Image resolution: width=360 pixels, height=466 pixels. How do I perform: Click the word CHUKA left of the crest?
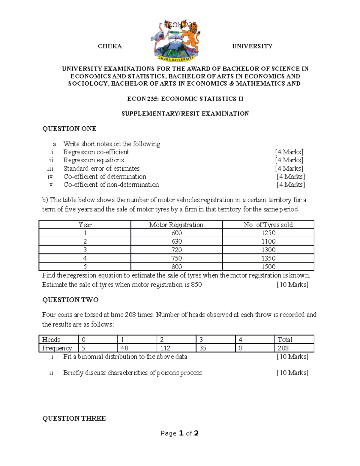tap(110, 46)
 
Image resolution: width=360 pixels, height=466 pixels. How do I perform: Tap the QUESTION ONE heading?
tap(69, 129)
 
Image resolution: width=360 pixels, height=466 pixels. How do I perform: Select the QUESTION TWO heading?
tap(70, 300)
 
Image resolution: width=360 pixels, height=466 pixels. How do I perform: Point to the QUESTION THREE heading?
tap(74, 418)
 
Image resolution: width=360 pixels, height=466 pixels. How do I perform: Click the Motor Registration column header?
tap(176, 225)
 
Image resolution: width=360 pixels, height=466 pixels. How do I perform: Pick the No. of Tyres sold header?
tap(268, 225)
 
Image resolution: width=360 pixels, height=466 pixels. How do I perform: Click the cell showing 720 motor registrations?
tap(176, 250)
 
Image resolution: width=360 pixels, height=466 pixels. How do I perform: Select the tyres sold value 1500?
tap(268, 266)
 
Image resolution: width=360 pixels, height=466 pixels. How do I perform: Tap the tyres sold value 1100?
tap(268, 241)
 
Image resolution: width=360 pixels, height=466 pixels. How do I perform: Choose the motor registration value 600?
tap(176, 233)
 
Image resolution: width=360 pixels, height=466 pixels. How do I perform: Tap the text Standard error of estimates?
tap(101, 168)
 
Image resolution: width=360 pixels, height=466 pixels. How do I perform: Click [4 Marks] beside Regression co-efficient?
tap(289, 152)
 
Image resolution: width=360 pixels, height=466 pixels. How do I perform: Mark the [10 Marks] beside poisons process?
tap(292, 373)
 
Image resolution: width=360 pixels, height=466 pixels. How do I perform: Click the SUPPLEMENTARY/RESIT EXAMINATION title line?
tap(185, 114)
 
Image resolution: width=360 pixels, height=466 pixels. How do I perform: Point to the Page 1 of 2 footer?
tap(179, 433)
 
